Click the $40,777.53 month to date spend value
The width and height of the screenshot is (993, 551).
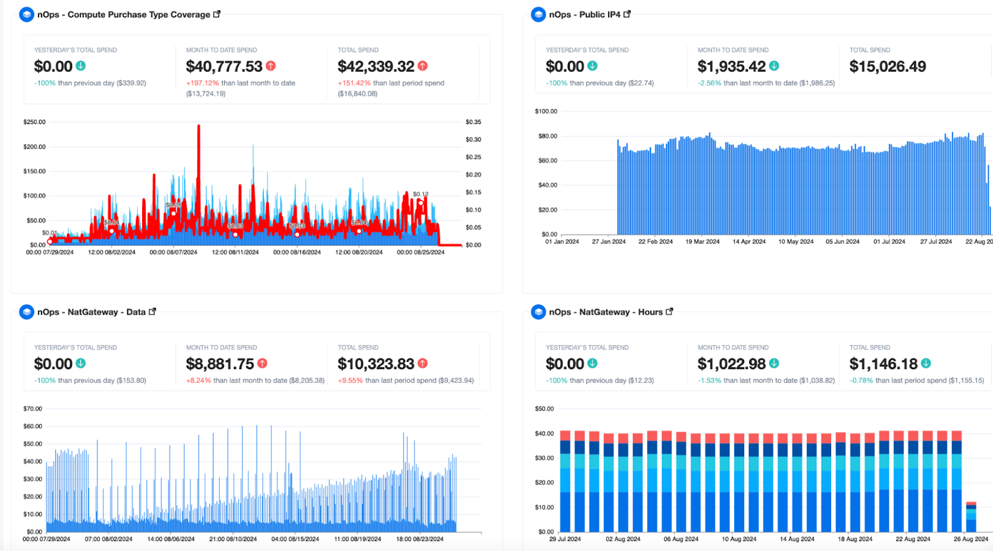pos(224,66)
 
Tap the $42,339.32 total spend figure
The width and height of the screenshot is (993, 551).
pos(375,66)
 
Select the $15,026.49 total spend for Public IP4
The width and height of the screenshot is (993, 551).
pos(887,66)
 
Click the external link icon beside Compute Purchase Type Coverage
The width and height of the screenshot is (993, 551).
pos(217,14)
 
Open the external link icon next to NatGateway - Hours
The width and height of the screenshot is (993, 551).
pos(669,311)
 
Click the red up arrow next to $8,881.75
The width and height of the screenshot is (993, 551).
pos(263,364)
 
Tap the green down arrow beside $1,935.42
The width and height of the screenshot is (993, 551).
pos(774,66)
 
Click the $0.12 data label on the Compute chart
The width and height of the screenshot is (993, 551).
pos(420,194)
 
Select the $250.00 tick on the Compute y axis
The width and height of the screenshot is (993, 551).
pos(34,122)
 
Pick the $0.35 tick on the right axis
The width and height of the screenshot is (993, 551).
pos(473,122)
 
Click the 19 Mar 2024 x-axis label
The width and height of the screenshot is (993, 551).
pos(702,242)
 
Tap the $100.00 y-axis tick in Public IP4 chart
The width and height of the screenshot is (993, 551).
pos(546,112)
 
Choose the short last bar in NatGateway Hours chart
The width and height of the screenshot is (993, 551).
pos(971,516)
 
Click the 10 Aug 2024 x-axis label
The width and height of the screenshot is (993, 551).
pos(739,539)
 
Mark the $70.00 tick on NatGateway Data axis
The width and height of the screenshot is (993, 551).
pos(32,409)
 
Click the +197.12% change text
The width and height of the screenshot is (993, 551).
pos(202,83)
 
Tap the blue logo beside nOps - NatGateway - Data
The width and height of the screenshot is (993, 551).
pos(27,311)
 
